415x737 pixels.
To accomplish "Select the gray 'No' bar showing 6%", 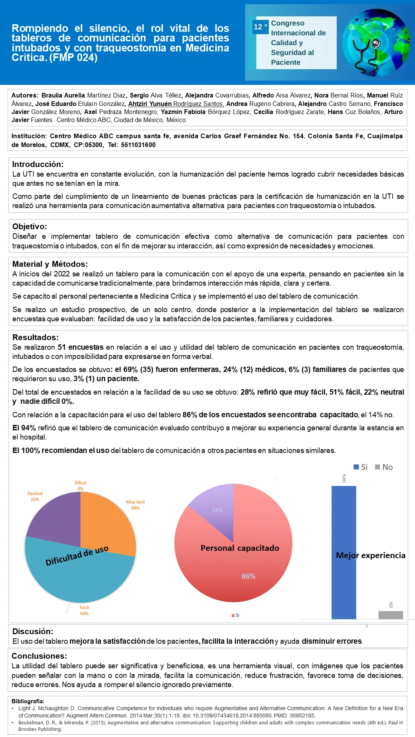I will pos(390,615).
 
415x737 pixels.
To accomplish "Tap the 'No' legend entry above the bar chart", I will pos(384,467).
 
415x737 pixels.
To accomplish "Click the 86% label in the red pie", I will pos(248,576).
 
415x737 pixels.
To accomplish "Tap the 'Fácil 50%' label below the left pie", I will pos(84,610).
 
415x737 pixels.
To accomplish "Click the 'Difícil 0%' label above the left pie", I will pos(80,486).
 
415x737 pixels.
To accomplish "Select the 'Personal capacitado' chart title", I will pos(240,548).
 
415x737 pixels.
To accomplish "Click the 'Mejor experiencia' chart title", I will pos(370,555).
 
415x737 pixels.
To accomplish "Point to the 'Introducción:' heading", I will pos(38,164).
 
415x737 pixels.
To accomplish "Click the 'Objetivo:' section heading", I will pos(30,226).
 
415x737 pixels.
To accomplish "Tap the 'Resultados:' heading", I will pos(35,337).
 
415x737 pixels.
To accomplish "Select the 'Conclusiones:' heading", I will pos(39,656).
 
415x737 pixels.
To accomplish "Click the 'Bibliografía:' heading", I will pos(28,701).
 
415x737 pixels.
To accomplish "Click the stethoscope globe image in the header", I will pos(376,43).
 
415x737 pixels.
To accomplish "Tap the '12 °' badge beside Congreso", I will pos(260,27).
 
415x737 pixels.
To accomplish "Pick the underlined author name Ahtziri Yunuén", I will pos(150,104).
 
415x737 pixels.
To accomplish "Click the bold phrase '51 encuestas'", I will pos(80,347).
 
